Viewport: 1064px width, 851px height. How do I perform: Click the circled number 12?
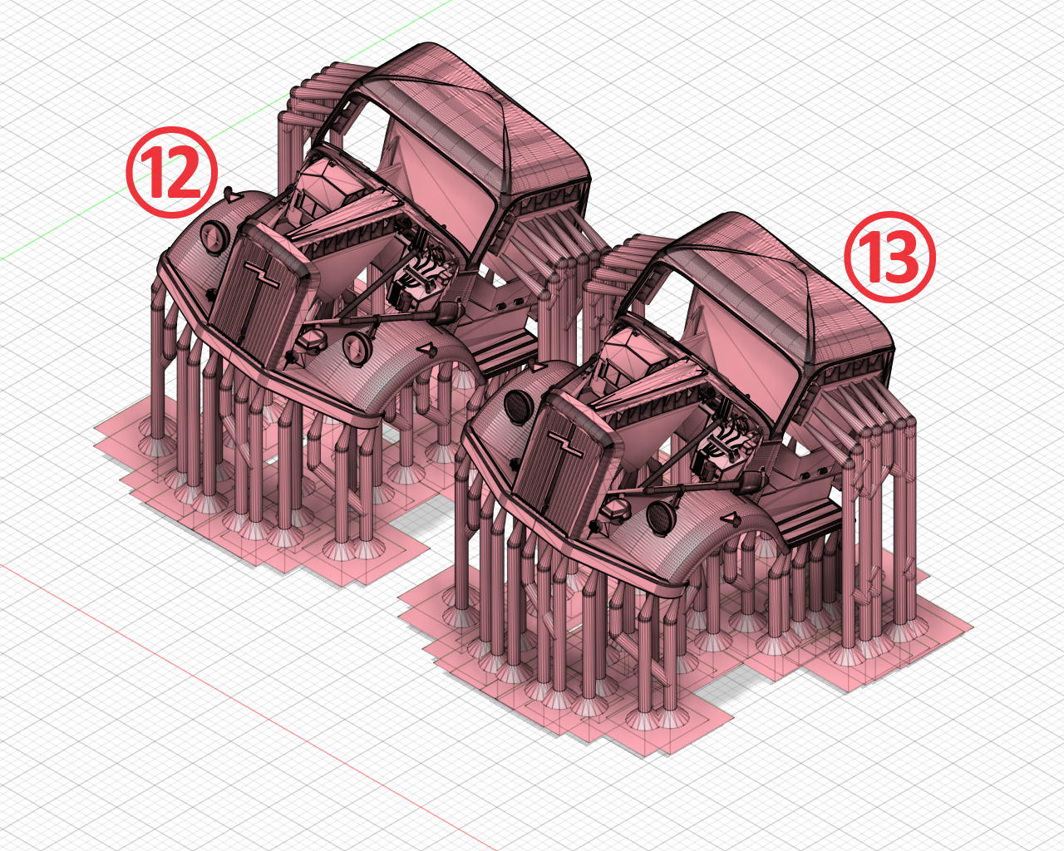pyautogui.click(x=171, y=172)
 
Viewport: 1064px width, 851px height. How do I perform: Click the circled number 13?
pyautogui.click(x=890, y=257)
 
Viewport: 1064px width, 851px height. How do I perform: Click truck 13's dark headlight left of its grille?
pyautogui.click(x=517, y=406)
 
